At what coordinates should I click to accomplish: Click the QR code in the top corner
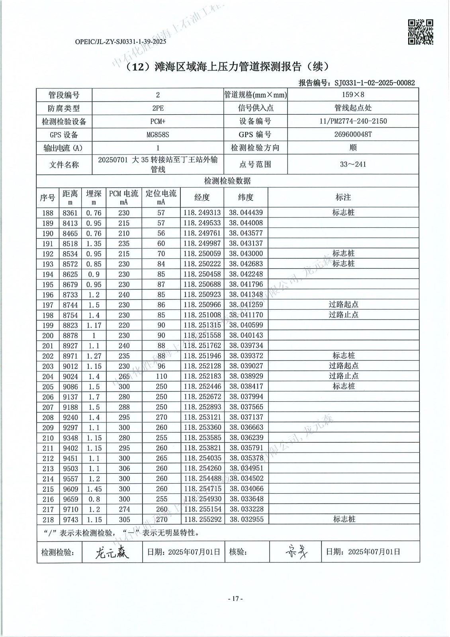pyautogui.click(x=421, y=31)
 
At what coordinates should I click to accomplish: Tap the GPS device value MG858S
pyautogui.click(x=158, y=135)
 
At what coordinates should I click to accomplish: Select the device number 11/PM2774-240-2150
pyautogui.click(x=353, y=121)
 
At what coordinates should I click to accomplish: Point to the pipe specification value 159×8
pyautogui.click(x=353, y=95)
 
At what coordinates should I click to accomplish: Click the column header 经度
pyautogui.click(x=202, y=197)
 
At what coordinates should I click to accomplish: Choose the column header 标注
pyautogui.click(x=343, y=197)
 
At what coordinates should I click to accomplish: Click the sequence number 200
pyautogui.click(x=48, y=335)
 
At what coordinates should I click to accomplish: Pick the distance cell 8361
pyautogui.click(x=70, y=213)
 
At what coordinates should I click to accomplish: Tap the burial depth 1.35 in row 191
pyautogui.click(x=94, y=243)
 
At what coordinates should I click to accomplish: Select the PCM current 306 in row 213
pyautogui.click(x=124, y=468)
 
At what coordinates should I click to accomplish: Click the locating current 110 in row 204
pyautogui.click(x=161, y=376)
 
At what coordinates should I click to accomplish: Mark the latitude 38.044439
pyautogui.click(x=246, y=213)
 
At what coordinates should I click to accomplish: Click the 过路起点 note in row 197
pyautogui.click(x=343, y=305)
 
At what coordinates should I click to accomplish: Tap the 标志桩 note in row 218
pyautogui.click(x=343, y=519)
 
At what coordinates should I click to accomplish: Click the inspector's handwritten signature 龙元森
pyautogui.click(x=112, y=552)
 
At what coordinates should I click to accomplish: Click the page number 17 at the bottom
pyautogui.click(x=235, y=598)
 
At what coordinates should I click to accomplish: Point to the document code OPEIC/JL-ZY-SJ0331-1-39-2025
pyautogui.click(x=120, y=41)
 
